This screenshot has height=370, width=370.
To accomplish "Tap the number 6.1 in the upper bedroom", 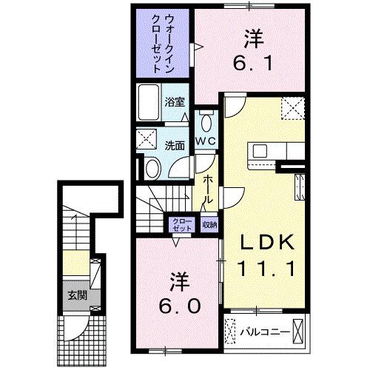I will point(249,64).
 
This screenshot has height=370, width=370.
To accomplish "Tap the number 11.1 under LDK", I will point(266,267).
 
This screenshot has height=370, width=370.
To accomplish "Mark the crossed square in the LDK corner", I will point(292,110).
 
